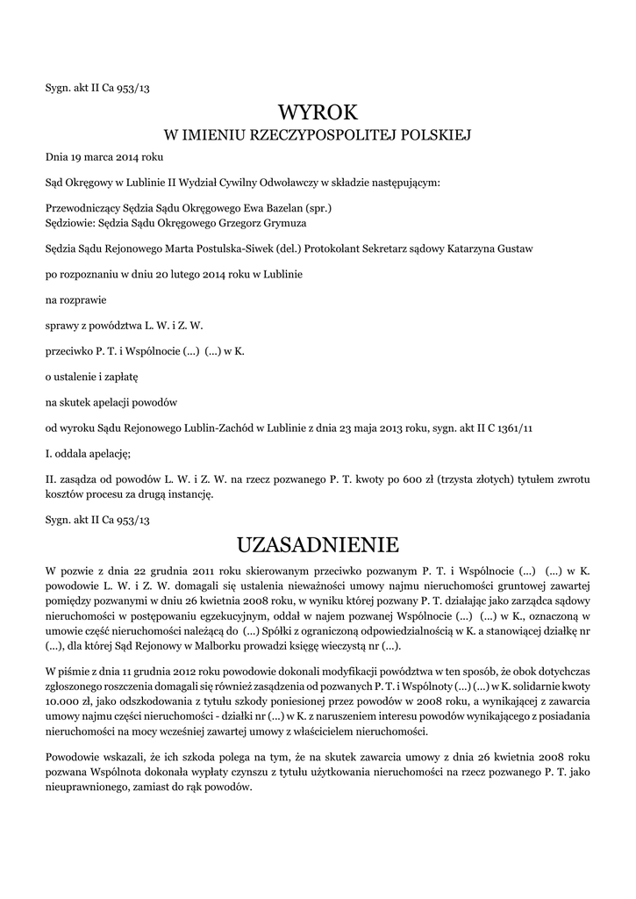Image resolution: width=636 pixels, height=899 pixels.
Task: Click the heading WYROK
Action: point(318,112)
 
